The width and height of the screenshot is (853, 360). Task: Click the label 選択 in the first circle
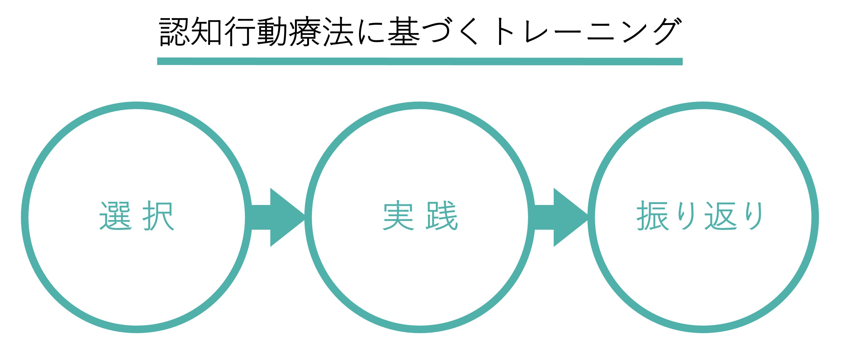point(137,216)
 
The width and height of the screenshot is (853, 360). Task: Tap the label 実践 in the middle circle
point(420,216)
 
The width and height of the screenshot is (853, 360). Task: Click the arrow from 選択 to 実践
point(277,217)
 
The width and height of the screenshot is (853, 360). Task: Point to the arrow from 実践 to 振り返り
point(561,217)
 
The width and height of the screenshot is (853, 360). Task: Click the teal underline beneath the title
point(420,62)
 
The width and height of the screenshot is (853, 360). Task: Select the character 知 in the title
point(207,32)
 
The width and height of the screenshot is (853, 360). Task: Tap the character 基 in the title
point(403,32)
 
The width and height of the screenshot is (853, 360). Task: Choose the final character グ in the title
point(666,32)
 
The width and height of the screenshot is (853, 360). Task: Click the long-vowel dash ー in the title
point(566,32)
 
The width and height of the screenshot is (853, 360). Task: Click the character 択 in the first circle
point(159,216)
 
